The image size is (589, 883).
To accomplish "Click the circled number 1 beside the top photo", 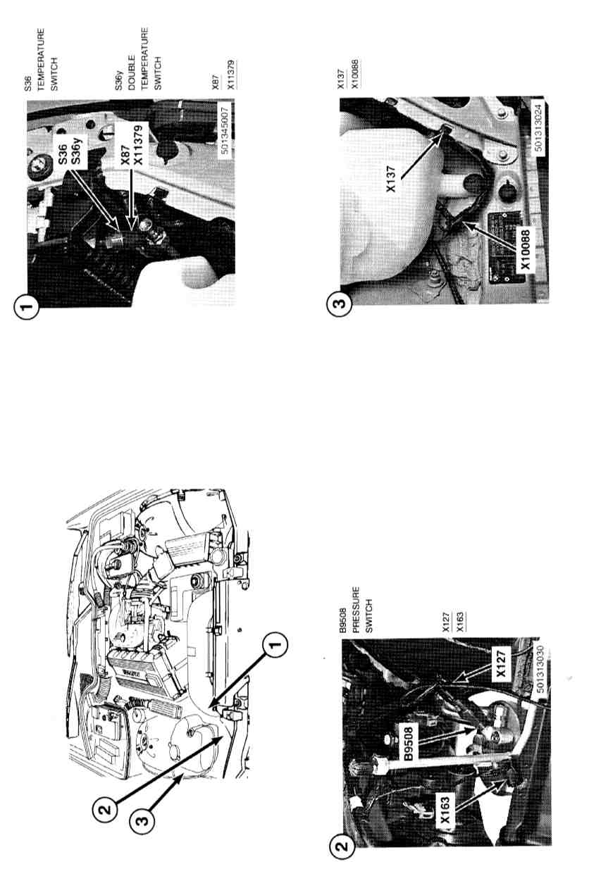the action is click(27, 305).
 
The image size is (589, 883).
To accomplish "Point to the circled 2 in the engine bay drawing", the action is click(105, 809).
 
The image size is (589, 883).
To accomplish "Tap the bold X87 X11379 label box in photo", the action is click(131, 145).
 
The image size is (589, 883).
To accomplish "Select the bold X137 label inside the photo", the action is click(390, 179).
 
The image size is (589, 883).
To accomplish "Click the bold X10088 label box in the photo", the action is click(526, 249).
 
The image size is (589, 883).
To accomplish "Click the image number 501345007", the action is click(225, 130).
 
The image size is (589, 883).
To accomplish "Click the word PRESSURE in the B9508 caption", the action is click(356, 610).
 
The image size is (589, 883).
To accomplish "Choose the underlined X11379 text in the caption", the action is click(231, 74).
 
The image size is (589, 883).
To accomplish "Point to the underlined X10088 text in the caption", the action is click(354, 74).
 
